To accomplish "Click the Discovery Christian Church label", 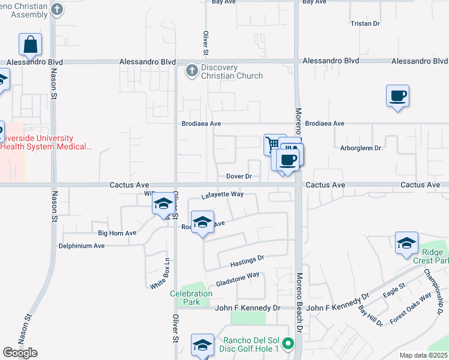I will [232, 72].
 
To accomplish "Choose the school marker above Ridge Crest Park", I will [406, 242].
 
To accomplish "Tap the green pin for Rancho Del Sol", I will [288, 344].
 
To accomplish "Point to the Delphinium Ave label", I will [82, 246].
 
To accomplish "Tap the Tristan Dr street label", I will [365, 24].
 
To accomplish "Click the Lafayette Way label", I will [221, 194].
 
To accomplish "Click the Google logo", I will [20, 353].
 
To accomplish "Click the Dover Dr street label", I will [238, 177].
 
